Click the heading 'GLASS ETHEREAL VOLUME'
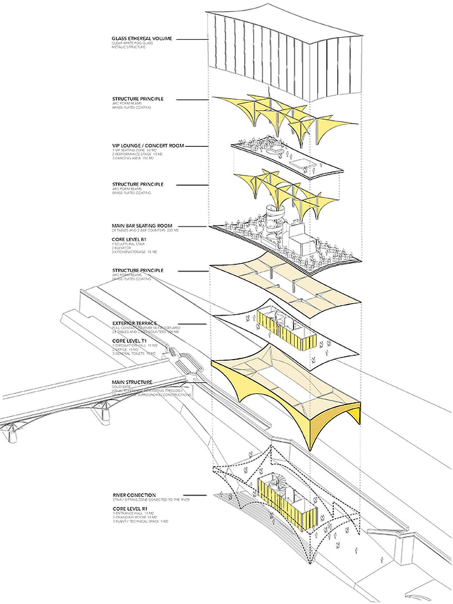click(142, 39)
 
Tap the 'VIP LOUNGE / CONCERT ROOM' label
click(148, 146)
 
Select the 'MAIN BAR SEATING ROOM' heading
click(145, 226)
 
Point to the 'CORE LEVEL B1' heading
click(130, 239)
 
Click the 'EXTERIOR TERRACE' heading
click(135, 323)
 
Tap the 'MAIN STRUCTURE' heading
click(132, 382)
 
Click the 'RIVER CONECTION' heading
click(133, 495)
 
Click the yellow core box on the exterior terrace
click(286, 330)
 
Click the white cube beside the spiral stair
click(300, 244)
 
